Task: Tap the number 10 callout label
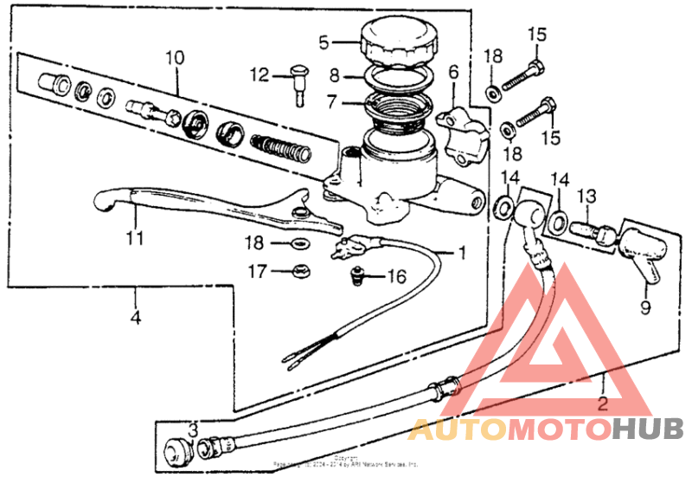[x=176, y=58]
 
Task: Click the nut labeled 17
[x=301, y=270]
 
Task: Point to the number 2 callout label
[x=603, y=403]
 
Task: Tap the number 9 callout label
[x=644, y=306]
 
